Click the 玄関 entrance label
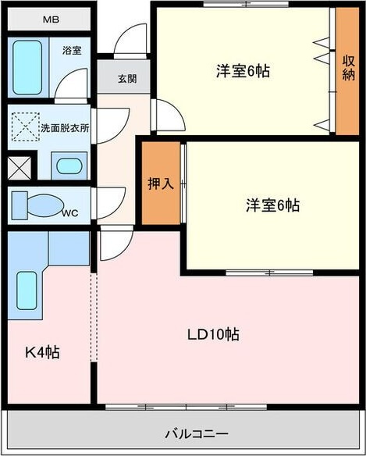click(x=127, y=78)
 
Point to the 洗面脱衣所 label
click(x=65, y=127)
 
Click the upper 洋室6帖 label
click(x=243, y=71)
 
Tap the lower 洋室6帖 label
click(x=272, y=205)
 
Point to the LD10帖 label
click(x=212, y=334)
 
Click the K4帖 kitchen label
click(x=40, y=352)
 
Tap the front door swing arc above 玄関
click(x=130, y=39)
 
